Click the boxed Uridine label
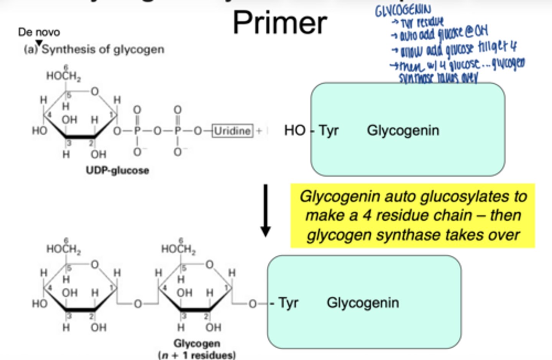point(232,131)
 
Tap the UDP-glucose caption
point(117,170)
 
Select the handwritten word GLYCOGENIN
point(403,10)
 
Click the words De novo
point(39,32)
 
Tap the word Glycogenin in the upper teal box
point(403,130)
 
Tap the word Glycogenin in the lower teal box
point(363,303)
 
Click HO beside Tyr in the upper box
point(294,130)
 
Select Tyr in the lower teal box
point(288,303)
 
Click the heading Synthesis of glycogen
point(103,50)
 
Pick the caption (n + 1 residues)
point(197,355)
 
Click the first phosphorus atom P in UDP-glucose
point(137,131)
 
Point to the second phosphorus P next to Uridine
point(177,131)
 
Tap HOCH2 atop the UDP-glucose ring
point(63,76)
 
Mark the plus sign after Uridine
point(259,131)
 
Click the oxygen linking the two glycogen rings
point(138,304)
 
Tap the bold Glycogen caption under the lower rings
point(197,343)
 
